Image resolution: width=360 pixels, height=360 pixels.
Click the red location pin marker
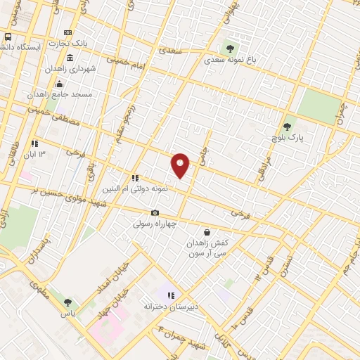click(x=180, y=165)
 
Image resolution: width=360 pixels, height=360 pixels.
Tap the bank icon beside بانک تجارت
click(x=67, y=33)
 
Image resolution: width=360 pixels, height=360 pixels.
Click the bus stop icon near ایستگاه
click(x=8, y=37)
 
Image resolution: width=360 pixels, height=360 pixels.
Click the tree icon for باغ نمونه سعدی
click(x=230, y=49)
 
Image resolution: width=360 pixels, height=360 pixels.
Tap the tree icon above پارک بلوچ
click(x=286, y=127)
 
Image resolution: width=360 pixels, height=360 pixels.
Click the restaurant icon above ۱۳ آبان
click(x=34, y=143)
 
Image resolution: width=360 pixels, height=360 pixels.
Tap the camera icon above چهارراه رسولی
click(x=155, y=213)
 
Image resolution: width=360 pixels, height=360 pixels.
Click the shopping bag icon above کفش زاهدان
click(x=207, y=232)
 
